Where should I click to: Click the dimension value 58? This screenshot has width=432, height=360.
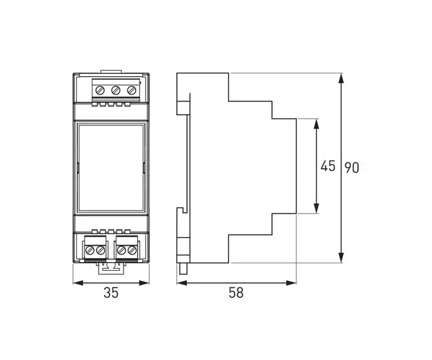236,292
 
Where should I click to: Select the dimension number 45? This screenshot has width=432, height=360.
328,166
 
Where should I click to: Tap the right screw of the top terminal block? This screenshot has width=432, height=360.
131,90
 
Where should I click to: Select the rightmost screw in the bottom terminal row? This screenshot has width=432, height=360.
132,251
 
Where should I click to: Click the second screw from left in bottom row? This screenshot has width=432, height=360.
100,251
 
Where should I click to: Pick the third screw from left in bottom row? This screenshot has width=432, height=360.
122,251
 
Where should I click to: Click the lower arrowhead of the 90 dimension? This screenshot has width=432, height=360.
341,257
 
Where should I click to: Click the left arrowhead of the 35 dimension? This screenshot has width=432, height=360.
76,282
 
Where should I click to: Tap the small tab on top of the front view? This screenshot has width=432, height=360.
109,70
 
